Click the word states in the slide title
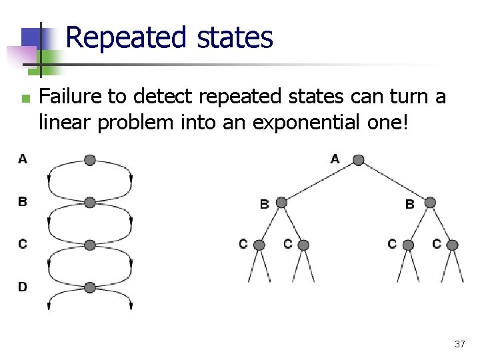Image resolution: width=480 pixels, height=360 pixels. click(x=235, y=37)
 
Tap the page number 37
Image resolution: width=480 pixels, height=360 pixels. click(x=459, y=344)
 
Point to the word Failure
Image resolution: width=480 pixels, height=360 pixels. click(x=71, y=97)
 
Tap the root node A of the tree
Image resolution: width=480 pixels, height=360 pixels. click(x=358, y=160)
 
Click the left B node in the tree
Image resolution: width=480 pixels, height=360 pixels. click(x=281, y=203)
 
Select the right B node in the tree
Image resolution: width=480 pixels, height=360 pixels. click(x=430, y=203)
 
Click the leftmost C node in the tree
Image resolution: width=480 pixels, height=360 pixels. click(x=259, y=245)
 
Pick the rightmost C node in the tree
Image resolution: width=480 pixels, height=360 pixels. click(x=452, y=245)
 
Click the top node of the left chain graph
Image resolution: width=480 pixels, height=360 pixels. click(x=90, y=160)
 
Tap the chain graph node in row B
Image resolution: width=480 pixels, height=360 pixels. click(x=90, y=202)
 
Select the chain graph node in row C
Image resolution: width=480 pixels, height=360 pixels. click(x=90, y=245)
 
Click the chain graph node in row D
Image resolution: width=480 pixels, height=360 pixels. click(x=90, y=287)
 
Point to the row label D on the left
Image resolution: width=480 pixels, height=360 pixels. click(x=23, y=287)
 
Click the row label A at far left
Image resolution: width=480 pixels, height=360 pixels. click(x=23, y=159)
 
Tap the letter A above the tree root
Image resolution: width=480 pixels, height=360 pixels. click(x=335, y=158)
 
